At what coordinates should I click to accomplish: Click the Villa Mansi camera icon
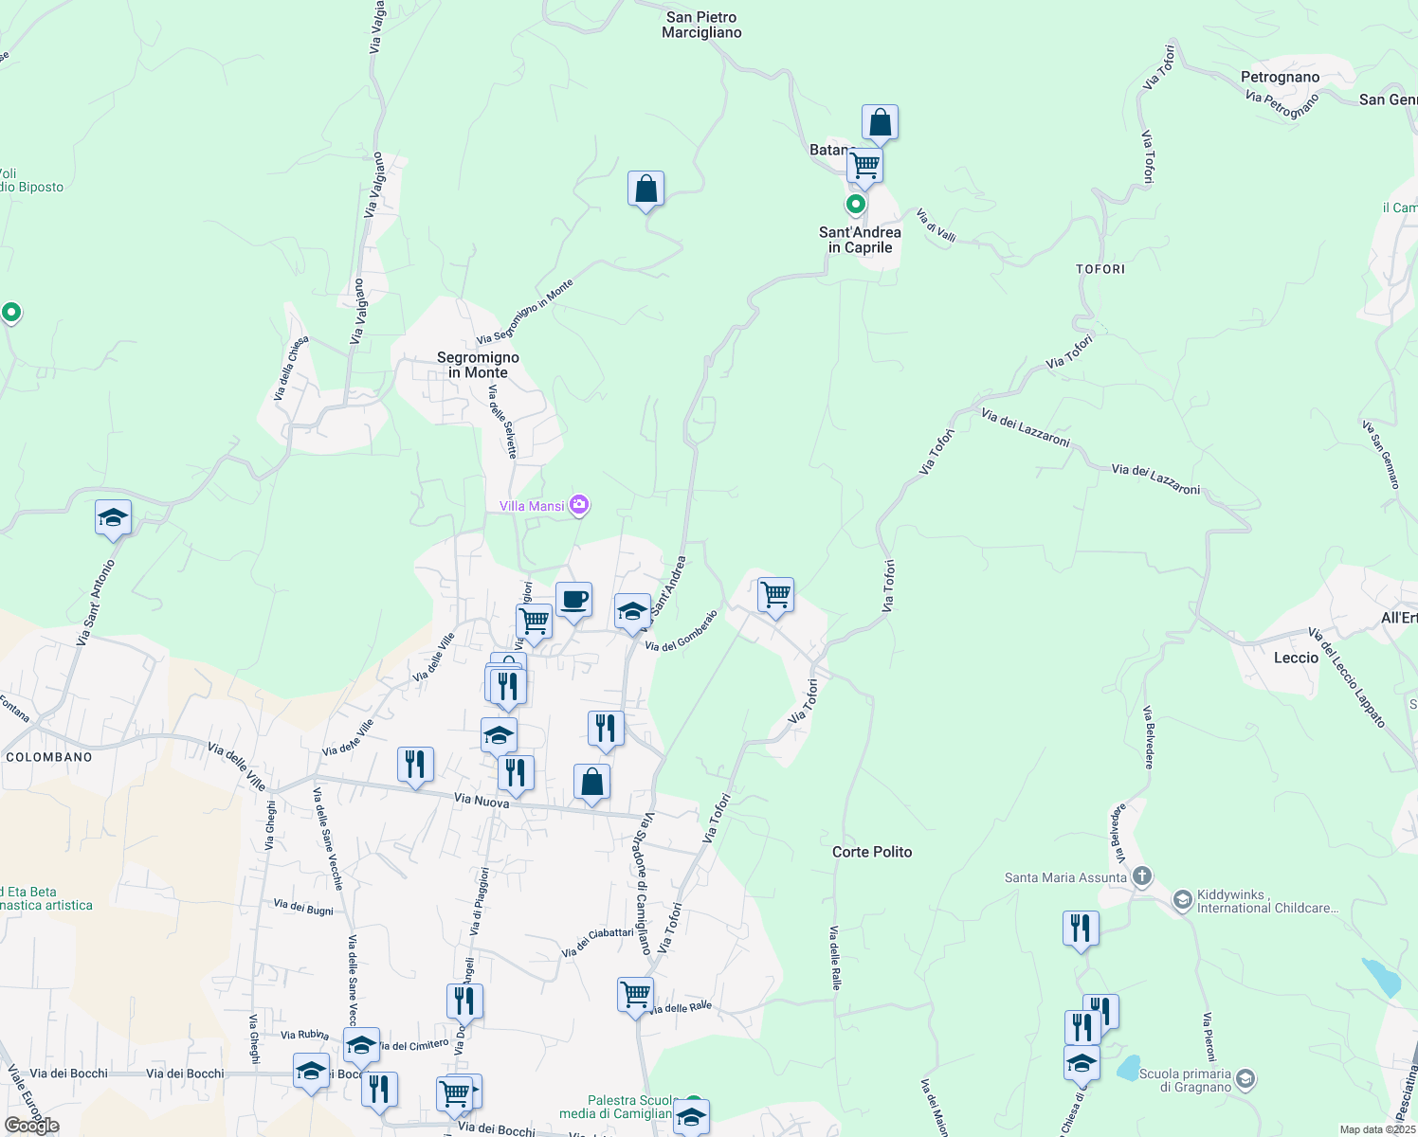579,505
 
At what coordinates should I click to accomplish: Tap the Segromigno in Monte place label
478,365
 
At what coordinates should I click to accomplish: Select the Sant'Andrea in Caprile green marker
856,204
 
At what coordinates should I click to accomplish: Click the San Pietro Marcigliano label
701,25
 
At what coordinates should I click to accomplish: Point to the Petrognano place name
1280,77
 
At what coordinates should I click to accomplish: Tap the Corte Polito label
872,852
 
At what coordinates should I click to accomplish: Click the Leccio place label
1296,658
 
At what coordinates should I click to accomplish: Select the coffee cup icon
573,600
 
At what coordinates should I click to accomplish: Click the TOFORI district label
1100,269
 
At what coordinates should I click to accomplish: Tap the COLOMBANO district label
49,757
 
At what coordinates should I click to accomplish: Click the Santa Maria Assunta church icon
1142,876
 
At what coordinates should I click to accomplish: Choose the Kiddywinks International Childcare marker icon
1182,899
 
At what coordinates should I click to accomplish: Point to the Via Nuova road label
482,801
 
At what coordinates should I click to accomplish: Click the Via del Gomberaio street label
682,630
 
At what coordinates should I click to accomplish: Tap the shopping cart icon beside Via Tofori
775,595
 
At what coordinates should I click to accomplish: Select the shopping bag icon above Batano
880,123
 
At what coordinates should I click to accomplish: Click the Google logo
32,1126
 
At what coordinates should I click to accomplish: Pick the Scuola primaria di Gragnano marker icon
1245,1079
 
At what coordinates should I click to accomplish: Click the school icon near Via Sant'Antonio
113,518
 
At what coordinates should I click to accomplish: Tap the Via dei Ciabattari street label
597,942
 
